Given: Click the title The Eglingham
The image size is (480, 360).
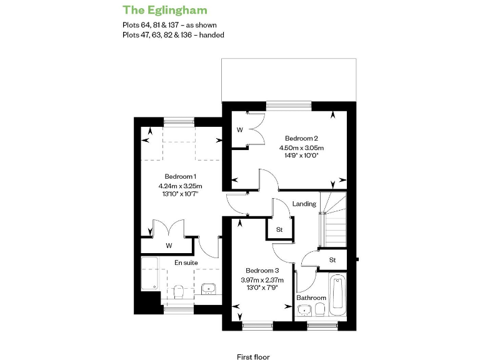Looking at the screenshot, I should (165, 10).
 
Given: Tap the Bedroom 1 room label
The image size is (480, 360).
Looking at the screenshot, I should (180, 176).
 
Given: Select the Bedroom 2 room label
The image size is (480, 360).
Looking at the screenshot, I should (302, 138).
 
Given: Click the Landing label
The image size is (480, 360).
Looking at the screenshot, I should (304, 204).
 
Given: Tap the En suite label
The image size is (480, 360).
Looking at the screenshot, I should (186, 262).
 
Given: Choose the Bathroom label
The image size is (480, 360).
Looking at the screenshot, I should (311, 297).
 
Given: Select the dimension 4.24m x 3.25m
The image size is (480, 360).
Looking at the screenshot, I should (180, 186).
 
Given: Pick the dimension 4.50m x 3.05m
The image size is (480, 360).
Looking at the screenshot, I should (302, 148).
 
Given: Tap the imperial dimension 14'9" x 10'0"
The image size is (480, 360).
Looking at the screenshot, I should (302, 157).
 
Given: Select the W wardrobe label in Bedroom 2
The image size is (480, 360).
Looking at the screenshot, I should (239, 130).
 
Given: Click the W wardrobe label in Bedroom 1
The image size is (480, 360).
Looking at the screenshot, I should (169, 246).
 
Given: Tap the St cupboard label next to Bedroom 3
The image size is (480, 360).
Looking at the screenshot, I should (279, 230).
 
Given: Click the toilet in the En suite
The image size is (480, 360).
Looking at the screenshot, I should (179, 291).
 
